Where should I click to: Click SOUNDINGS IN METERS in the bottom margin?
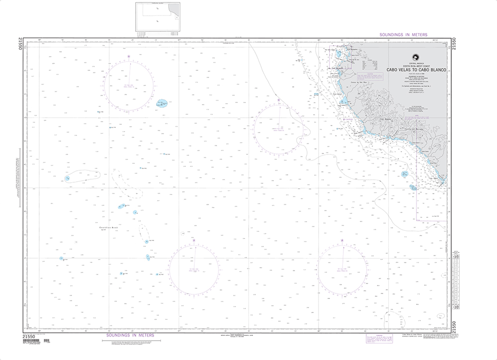(131, 336)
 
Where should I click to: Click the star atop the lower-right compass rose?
(342, 241)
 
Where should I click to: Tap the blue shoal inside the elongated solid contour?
(68, 178)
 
